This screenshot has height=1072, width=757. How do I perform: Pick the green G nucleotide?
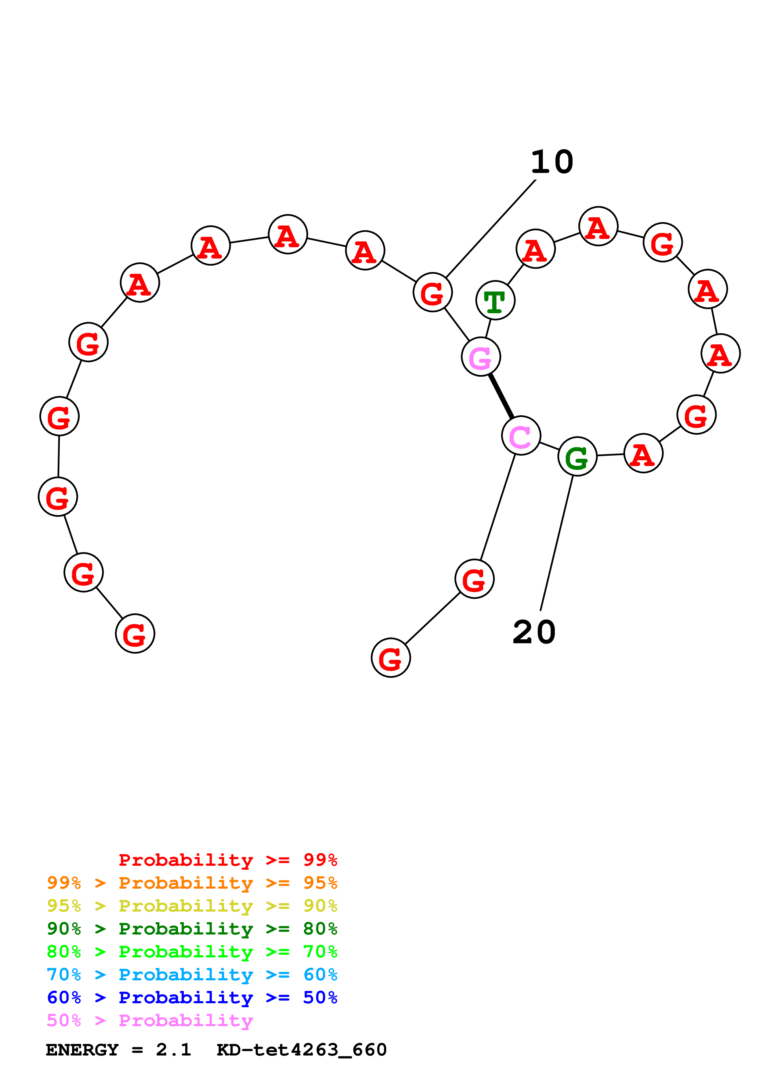pyautogui.click(x=577, y=456)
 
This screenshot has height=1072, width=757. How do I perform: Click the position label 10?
pyautogui.click(x=552, y=162)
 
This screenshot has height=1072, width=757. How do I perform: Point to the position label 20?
pyautogui.click(x=534, y=633)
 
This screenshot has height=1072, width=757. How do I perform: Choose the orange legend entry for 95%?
pyautogui.click(x=192, y=883)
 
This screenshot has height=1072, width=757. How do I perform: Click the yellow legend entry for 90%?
pyautogui.click(x=192, y=906)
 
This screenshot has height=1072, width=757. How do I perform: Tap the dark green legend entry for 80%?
pyautogui.click(x=192, y=929)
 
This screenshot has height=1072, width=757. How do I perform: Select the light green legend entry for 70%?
pyautogui.click(x=192, y=952)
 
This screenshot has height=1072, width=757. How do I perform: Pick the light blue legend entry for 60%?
pyautogui.click(x=192, y=975)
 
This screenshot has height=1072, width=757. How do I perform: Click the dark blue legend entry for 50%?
pyautogui.click(x=192, y=997)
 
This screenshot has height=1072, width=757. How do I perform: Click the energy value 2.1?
pyautogui.click(x=173, y=1050)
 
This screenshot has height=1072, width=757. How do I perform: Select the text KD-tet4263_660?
pyautogui.click(x=301, y=1050)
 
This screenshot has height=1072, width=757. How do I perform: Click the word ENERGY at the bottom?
pyautogui.click(x=82, y=1050)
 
